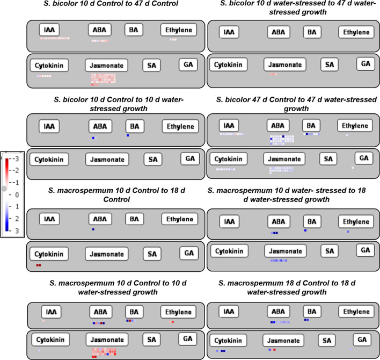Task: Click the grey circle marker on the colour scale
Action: [x=5, y=189]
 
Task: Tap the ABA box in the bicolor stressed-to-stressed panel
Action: [x=278, y=32]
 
